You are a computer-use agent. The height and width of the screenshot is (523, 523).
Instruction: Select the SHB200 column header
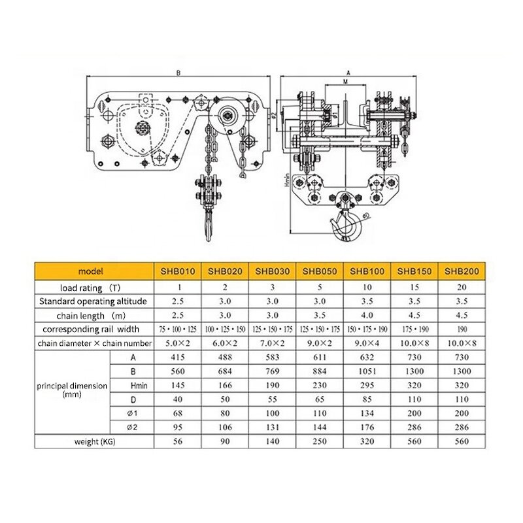click(462, 270)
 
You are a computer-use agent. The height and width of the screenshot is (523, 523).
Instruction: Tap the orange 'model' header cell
click(86, 270)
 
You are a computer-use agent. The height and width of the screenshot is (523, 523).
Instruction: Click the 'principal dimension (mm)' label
click(72, 390)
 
